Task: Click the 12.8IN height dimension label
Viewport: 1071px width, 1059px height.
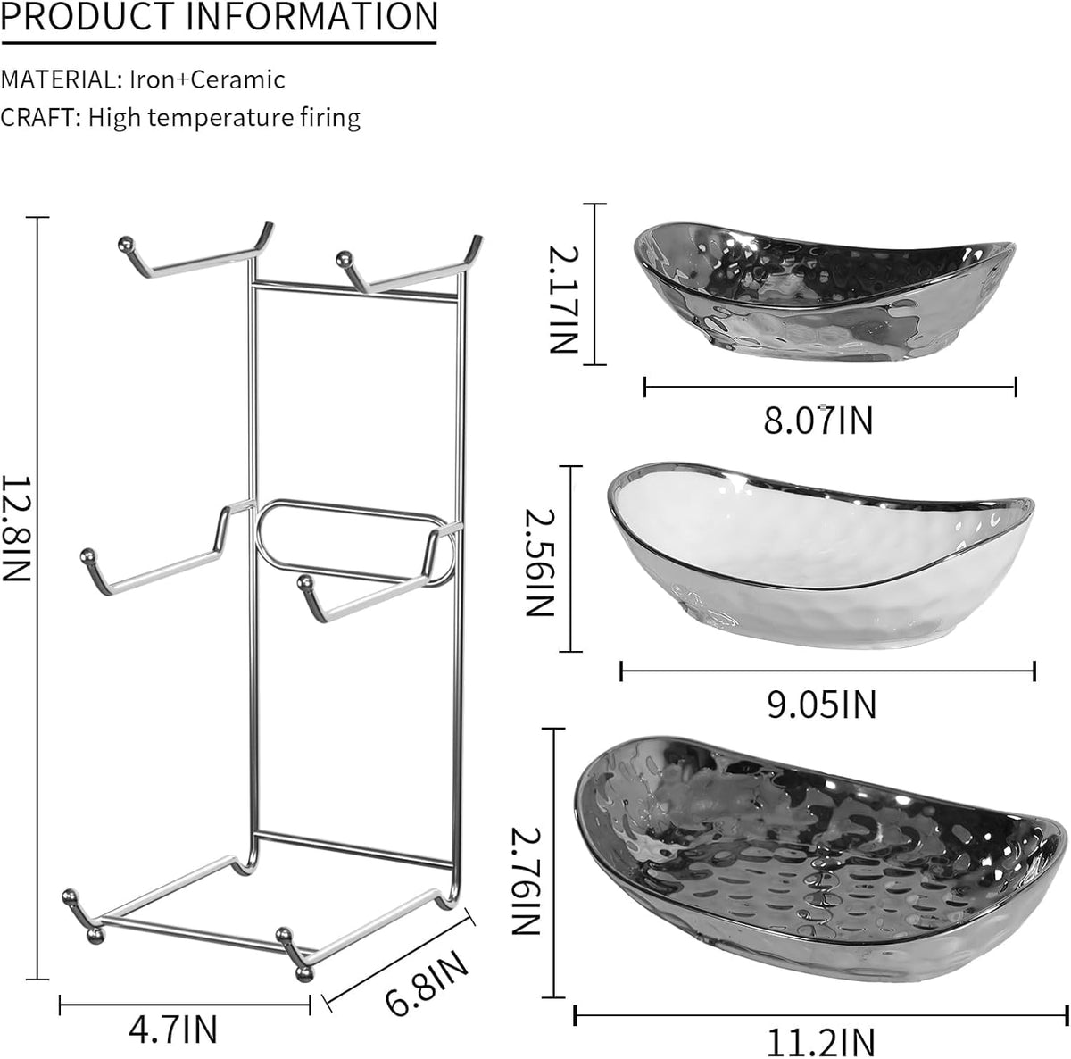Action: (15, 528)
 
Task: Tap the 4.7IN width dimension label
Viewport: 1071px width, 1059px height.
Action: (173, 1030)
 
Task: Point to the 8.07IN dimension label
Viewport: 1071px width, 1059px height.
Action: (818, 421)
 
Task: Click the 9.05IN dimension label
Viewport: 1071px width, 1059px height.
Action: (821, 705)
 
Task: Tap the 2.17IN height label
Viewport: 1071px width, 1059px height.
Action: (563, 299)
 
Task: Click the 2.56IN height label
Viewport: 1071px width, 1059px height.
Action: (540, 562)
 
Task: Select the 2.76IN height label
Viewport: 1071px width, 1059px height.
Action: (525, 881)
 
